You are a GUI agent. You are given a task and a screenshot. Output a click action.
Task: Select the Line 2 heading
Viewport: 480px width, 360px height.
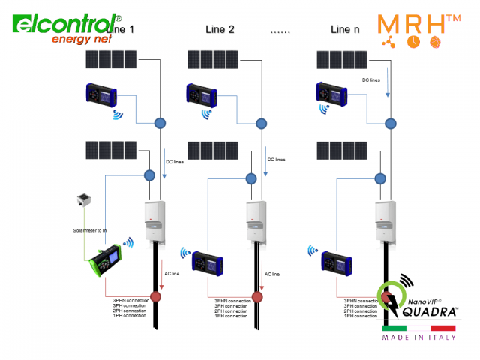(x=220, y=30)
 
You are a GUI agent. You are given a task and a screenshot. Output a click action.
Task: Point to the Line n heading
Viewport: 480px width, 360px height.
(x=349, y=30)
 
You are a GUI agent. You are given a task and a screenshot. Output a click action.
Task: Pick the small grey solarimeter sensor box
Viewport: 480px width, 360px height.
(x=83, y=200)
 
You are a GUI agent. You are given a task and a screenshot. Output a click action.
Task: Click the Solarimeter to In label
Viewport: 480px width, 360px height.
(x=89, y=229)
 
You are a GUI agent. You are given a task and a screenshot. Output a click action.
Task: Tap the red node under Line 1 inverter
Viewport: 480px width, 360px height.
(x=156, y=297)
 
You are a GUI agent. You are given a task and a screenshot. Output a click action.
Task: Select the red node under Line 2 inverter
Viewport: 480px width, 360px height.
(x=257, y=297)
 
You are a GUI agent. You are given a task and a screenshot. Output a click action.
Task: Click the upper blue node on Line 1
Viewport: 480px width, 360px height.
(x=159, y=122)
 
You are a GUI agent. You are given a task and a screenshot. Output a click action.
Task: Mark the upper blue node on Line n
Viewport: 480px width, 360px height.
(x=388, y=122)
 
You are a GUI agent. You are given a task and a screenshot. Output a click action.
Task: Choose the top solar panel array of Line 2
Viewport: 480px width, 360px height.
(x=213, y=59)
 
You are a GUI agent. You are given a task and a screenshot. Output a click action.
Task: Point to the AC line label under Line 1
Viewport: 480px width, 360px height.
(x=172, y=274)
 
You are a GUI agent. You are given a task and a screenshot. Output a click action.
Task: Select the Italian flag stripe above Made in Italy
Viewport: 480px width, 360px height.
(x=418, y=328)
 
